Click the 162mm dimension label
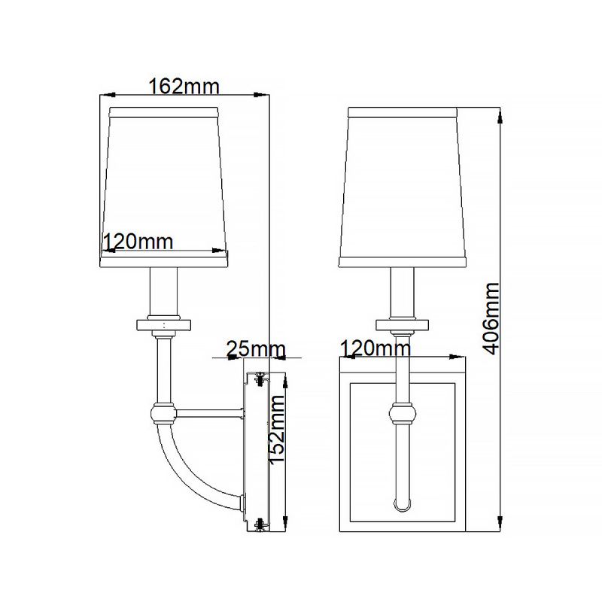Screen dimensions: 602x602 (184, 87)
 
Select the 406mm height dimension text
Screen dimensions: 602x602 (491, 318)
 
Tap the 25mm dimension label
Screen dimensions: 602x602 (256, 349)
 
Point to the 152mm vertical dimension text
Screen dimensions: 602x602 (277, 429)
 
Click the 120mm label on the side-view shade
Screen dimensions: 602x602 (138, 242)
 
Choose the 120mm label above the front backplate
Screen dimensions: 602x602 (375, 348)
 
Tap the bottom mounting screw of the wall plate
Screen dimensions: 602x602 (261, 524)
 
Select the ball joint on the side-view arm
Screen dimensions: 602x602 (163, 413)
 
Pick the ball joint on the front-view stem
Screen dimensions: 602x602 (403, 413)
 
